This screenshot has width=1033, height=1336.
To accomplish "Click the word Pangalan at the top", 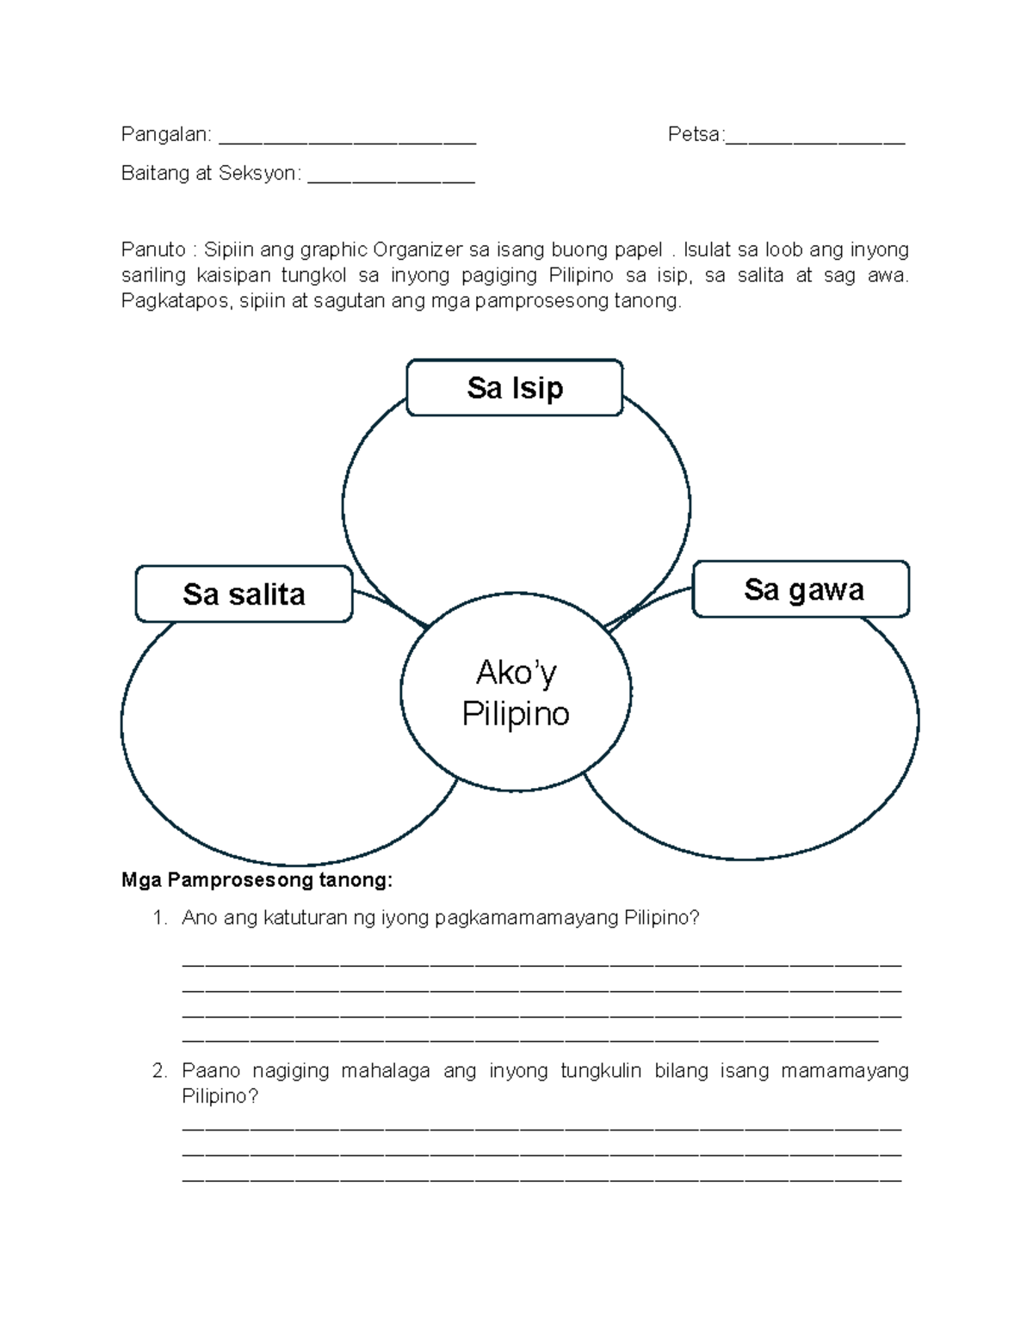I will click(x=164, y=134).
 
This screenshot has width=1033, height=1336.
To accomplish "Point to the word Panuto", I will click(x=152, y=250).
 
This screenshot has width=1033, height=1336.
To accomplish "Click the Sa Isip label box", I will click(x=514, y=388).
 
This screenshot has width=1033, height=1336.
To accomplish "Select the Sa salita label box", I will click(x=244, y=594).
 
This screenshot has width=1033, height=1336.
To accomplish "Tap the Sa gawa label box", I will click(x=801, y=590).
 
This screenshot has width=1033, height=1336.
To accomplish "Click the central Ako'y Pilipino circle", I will click(x=516, y=693).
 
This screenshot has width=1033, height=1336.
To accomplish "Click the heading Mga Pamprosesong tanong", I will click(x=257, y=880).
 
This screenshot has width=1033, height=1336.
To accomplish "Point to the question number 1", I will click(x=158, y=919).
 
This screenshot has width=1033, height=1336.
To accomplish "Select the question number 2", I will click(x=158, y=1071).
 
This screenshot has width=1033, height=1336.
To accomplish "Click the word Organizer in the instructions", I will click(x=418, y=250).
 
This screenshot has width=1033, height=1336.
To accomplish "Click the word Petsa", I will click(x=694, y=134).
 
